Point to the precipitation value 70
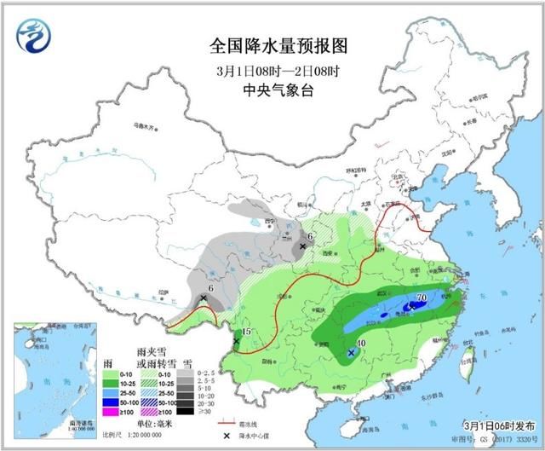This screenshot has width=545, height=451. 421,298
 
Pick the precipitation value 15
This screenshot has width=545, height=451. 246,332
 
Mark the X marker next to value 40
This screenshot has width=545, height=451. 351,351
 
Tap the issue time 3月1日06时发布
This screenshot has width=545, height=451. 497,424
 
